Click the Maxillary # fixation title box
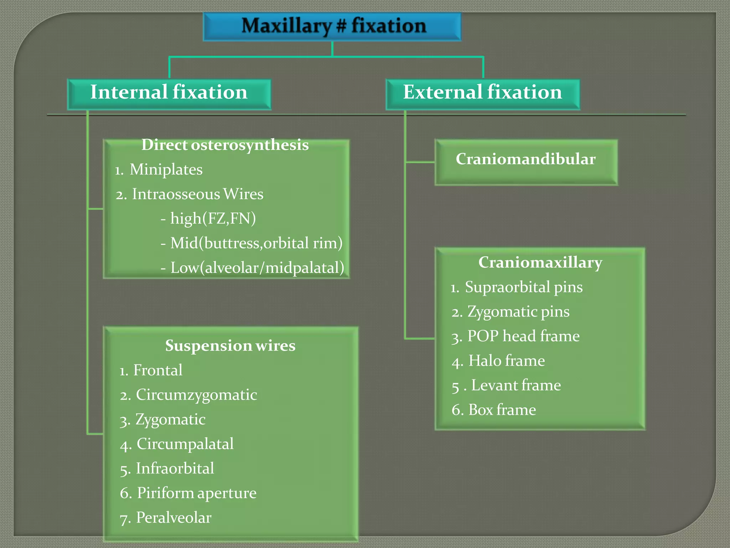pyautogui.click(x=332, y=26)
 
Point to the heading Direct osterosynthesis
pyautogui.click(x=225, y=145)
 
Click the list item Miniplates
pyautogui.click(x=166, y=170)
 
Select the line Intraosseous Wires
pyautogui.click(x=197, y=194)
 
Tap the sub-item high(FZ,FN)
pyautogui.click(x=213, y=219)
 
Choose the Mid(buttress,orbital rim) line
pyautogui.click(x=256, y=243)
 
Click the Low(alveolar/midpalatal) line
pyautogui.click(x=257, y=268)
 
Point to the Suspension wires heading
pyautogui.click(x=230, y=346)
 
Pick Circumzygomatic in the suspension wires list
pyautogui.click(x=196, y=395)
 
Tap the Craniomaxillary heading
pyautogui.click(x=540, y=263)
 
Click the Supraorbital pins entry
pyautogui.click(x=524, y=287)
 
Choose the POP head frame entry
pyautogui.click(x=523, y=336)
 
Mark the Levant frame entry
pyautogui.click(x=516, y=386)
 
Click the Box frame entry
pyautogui.click(x=502, y=410)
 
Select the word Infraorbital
pyautogui.click(x=175, y=469)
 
